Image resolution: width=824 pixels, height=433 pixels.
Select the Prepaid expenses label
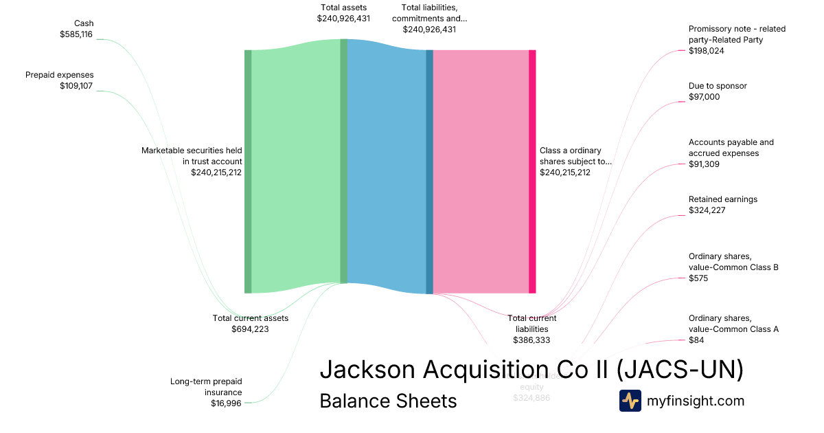pos(60,75)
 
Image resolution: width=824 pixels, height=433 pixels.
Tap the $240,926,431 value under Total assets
pos(343,19)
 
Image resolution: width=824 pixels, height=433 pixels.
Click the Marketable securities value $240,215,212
pos(216,173)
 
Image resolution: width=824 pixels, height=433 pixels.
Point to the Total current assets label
pos(251,318)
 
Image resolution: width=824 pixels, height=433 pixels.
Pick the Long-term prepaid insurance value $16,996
pos(226,403)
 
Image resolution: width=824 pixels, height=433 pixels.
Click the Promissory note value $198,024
pos(707,51)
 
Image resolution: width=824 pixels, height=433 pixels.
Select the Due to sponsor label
pos(718,86)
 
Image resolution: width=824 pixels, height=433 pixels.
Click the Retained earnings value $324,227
pos(707,210)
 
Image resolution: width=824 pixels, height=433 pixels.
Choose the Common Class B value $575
pos(698,278)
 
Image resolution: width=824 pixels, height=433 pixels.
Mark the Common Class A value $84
pos(696,340)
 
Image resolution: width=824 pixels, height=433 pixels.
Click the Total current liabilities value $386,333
pos(531,340)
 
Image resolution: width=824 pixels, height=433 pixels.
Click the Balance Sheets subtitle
pos(388,401)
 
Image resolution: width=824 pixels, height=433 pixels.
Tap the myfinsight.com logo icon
pos(630,401)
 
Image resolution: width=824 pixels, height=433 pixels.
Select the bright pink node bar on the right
pos(532,172)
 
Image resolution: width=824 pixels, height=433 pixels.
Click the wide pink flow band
pos(481,172)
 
